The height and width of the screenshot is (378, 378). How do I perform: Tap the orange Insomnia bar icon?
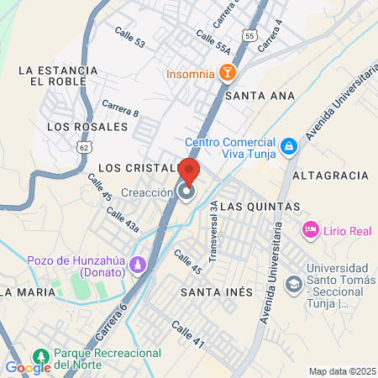pyautogui.click(x=227, y=74)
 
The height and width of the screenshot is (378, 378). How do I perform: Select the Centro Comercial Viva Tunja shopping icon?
pyautogui.click(x=289, y=147)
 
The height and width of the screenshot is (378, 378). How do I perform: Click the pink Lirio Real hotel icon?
pyautogui.click(x=309, y=228)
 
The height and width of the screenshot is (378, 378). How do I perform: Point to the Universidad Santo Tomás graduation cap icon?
pyautogui.click(x=294, y=284)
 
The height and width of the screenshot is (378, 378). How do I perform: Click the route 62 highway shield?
pyautogui.click(x=81, y=146)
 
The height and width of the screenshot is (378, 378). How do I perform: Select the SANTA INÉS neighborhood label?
pyautogui.click(x=217, y=291)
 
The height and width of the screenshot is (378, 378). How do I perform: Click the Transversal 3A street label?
pyautogui.click(x=214, y=241)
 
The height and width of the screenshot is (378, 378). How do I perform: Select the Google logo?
pyautogui.click(x=28, y=367)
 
